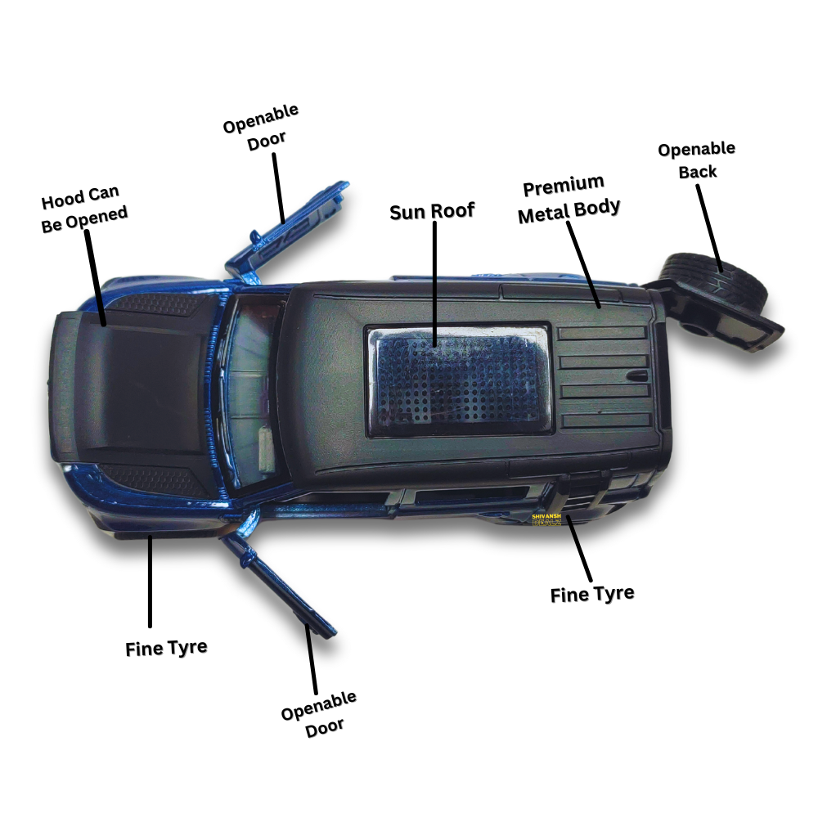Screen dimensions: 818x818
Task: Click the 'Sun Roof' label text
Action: pyautogui.click(x=432, y=211)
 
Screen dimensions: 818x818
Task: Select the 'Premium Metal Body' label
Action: pyautogui.click(x=571, y=197)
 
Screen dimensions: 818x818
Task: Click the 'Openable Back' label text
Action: pyautogui.click(x=697, y=160)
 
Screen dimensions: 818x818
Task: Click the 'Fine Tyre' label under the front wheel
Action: pyautogui.click(x=166, y=648)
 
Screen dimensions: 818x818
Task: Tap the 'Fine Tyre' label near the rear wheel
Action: pyautogui.click(x=592, y=594)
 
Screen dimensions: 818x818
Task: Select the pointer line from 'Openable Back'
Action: pyautogui.click(x=709, y=225)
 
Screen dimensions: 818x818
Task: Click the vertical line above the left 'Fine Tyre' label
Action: pyautogui.click(x=150, y=581)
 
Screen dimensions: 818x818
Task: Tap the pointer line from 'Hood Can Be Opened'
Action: pyautogui.click(x=96, y=278)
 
